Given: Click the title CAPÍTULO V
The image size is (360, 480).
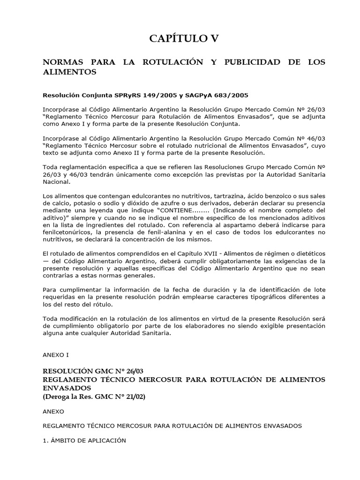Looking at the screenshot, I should pyautogui.click(x=184, y=39).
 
